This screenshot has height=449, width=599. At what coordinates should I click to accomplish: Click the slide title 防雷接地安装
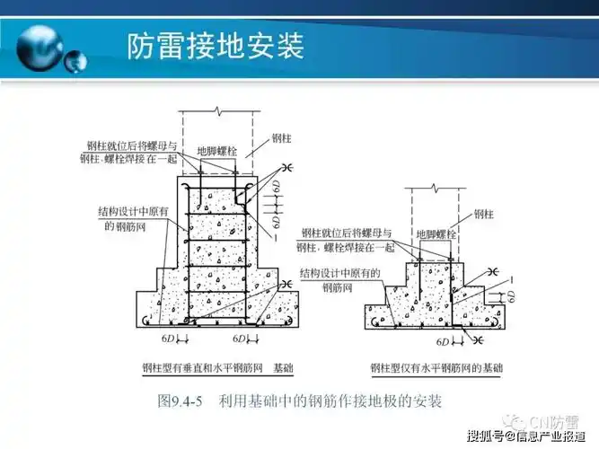click(x=215, y=44)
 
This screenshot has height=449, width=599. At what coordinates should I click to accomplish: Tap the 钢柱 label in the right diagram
click(x=484, y=214)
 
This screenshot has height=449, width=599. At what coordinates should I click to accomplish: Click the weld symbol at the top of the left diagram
click(x=290, y=167)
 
